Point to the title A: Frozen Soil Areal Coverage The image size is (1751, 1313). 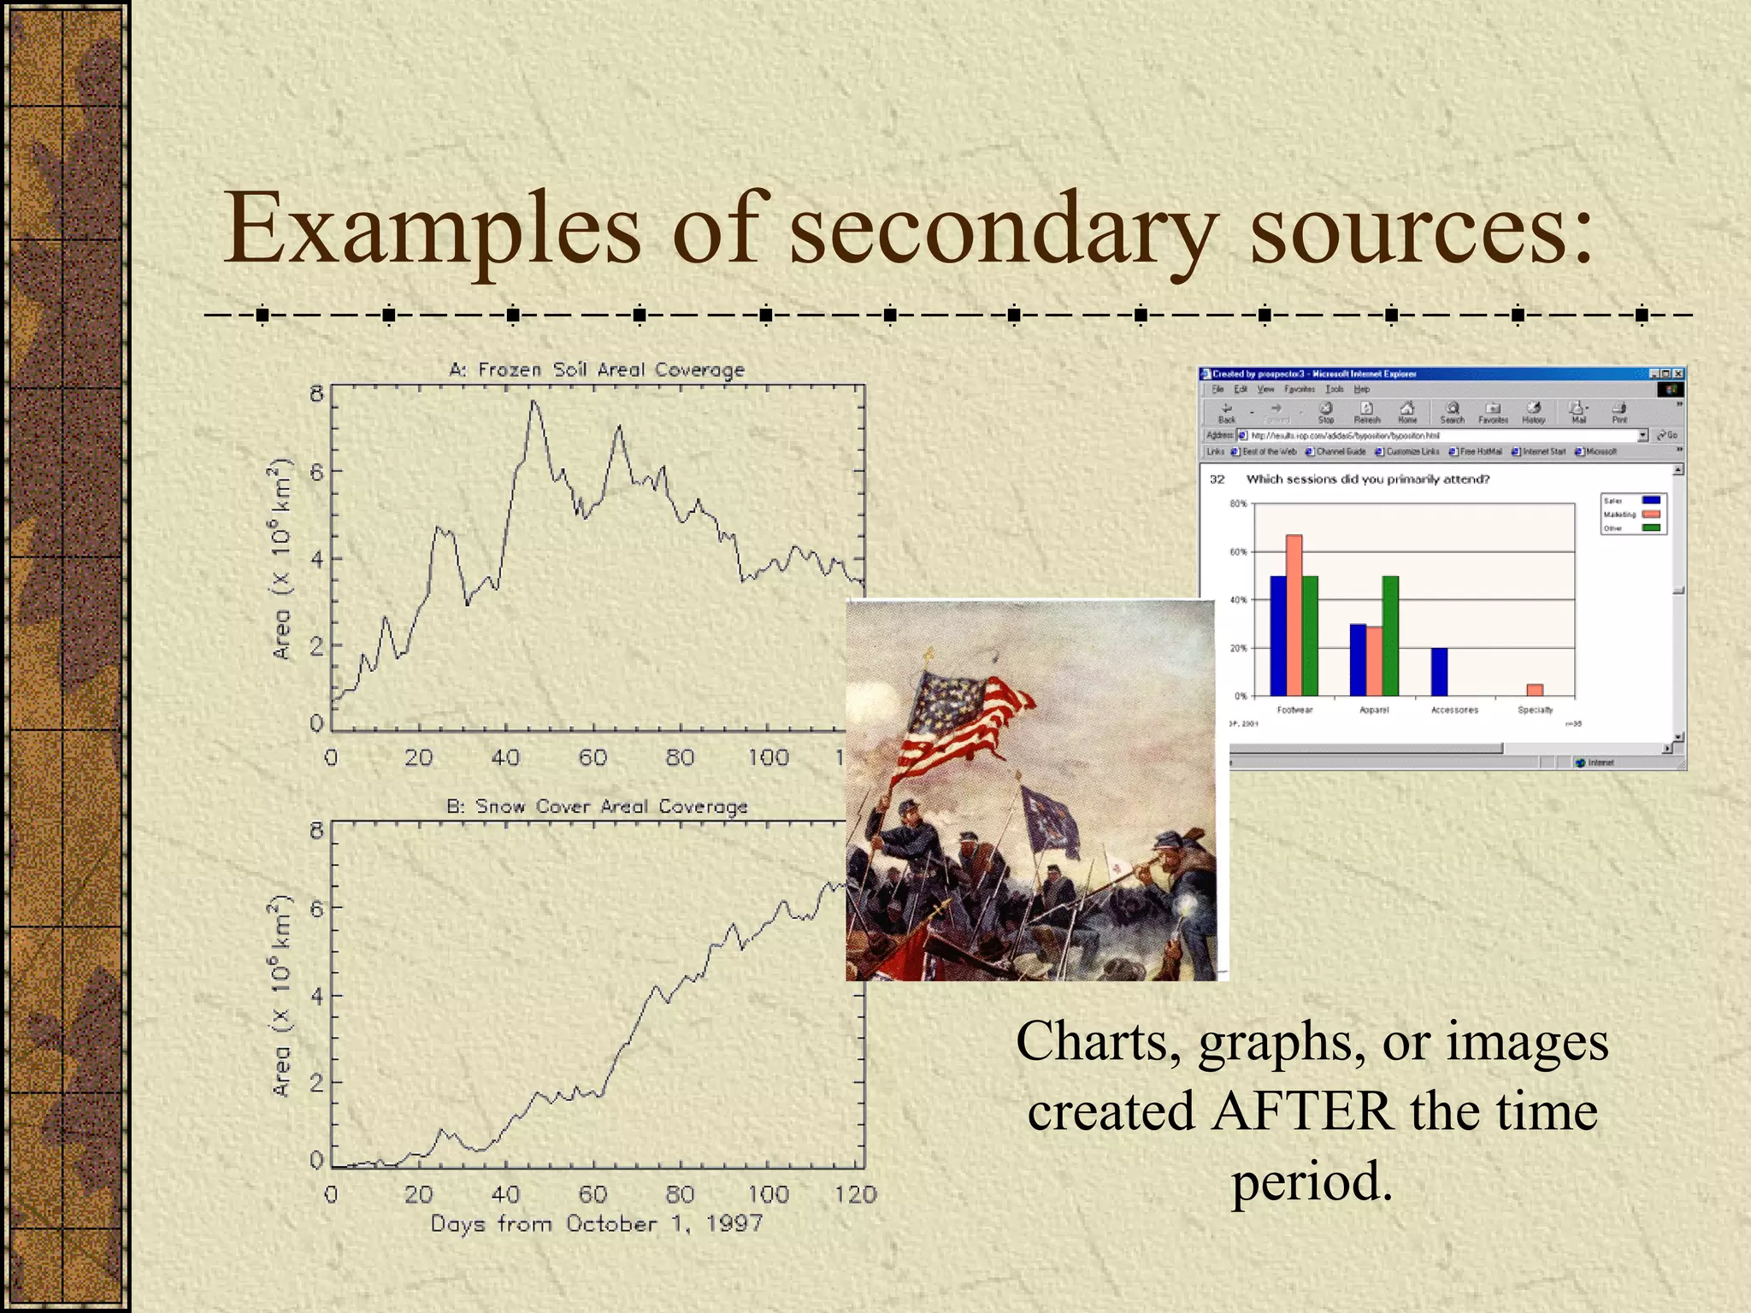(597, 369)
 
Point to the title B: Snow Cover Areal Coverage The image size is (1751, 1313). (597, 806)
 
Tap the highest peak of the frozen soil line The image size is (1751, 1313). (534, 402)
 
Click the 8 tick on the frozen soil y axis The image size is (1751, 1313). (316, 394)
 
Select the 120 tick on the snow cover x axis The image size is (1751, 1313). (855, 1194)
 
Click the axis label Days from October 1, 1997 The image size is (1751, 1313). (597, 1223)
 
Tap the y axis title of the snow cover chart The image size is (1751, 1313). (281, 996)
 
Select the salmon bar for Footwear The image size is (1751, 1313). (1294, 615)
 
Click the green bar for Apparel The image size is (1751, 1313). (1390, 636)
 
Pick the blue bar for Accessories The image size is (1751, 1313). (1439, 672)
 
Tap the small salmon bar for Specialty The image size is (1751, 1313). (1535, 690)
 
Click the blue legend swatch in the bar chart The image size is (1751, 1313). (1651, 501)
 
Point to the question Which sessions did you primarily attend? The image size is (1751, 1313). (1367, 480)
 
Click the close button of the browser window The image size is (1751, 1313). (1678, 374)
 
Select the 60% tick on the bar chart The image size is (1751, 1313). (1238, 552)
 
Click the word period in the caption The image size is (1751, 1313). (1312, 1182)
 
